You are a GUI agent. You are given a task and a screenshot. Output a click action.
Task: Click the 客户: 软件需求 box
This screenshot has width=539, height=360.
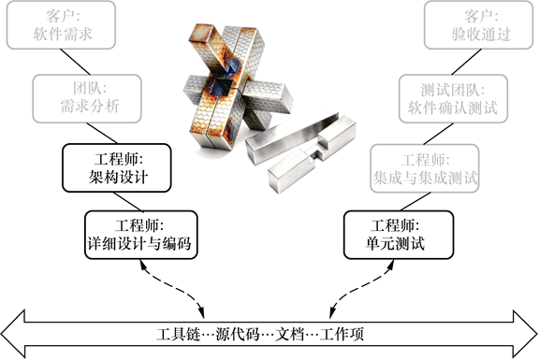click(x=61, y=24)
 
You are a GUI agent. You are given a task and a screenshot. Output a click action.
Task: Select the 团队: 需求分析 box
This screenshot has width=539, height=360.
click(x=87, y=98)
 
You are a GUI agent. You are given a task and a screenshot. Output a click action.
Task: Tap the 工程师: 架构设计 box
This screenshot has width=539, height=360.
click(x=117, y=168)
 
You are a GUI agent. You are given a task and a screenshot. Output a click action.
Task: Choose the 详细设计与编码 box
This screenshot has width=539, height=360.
click(x=141, y=235)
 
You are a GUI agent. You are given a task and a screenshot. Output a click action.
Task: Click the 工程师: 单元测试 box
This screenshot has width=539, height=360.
click(x=399, y=235)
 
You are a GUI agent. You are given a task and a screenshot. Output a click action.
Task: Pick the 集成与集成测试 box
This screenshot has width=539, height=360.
click(x=425, y=168)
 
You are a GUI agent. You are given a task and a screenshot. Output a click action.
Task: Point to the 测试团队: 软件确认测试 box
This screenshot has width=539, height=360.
click(x=454, y=98)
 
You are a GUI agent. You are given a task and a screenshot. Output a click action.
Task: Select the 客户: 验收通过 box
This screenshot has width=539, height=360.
click(x=480, y=24)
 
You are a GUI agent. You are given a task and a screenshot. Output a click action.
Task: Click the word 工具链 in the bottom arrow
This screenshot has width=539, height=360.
click(x=178, y=334)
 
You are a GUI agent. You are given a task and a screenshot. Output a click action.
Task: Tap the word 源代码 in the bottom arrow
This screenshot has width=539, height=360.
click(x=238, y=334)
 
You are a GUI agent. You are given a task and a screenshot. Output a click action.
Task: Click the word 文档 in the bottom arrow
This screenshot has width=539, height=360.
click(x=290, y=334)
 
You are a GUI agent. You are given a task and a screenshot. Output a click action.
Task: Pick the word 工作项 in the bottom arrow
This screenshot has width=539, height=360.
click(x=342, y=334)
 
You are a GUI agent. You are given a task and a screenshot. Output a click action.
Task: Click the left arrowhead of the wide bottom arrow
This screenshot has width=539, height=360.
click(x=13, y=334)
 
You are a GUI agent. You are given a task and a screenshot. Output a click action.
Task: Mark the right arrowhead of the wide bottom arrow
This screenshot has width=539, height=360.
click(x=525, y=334)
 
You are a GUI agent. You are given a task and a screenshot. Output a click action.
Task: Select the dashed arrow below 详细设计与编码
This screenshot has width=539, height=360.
click(x=173, y=289)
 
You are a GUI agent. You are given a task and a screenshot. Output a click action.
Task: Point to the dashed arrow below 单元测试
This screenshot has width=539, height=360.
click(x=361, y=289)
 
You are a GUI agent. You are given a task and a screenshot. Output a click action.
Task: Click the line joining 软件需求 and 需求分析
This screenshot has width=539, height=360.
click(x=75, y=62)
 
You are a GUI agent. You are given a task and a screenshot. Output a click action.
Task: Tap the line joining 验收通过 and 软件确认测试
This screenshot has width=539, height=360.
click(x=466, y=62)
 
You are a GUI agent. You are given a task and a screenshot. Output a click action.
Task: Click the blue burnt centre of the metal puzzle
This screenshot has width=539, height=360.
click(x=224, y=82)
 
